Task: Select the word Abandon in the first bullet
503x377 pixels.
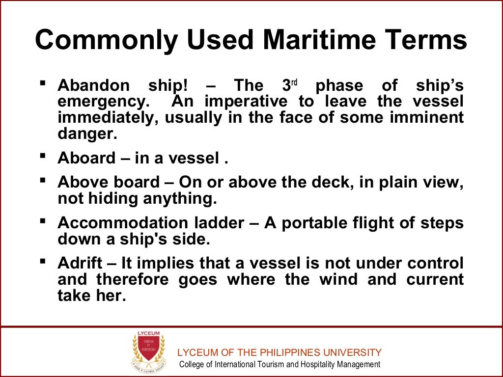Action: (94, 86)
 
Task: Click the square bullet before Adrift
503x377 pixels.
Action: (43, 261)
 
